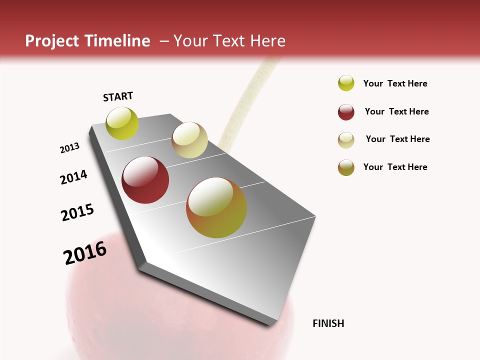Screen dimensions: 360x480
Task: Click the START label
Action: click(118, 96)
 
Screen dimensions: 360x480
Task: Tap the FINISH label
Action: click(328, 323)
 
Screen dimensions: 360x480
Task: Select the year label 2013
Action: click(70, 148)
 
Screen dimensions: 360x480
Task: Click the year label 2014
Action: click(74, 177)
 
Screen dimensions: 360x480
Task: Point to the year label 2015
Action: click(77, 212)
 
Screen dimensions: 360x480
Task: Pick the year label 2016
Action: click(85, 252)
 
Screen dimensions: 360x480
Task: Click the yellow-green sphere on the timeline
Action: click(122, 123)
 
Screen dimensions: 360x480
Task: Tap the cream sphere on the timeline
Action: click(189, 140)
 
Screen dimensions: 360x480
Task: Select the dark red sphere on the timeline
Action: click(145, 180)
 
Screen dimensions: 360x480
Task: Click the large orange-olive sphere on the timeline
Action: click(216, 207)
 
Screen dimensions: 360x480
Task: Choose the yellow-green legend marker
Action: click(346, 83)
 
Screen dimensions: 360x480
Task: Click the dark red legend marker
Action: click(346, 112)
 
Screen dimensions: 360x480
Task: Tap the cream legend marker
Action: click(346, 140)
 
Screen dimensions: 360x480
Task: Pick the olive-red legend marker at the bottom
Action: click(346, 167)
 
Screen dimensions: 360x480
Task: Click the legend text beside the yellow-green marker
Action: click(395, 83)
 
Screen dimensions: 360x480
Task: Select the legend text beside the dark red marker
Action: click(396, 111)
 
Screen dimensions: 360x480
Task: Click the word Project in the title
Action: click(52, 41)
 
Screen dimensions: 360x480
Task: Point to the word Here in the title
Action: click(267, 41)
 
